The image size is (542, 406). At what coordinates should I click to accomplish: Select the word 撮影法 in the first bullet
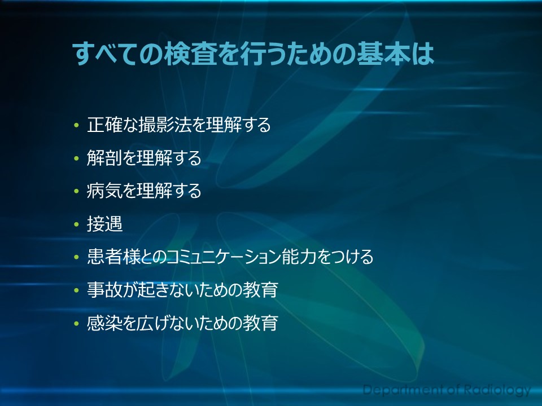coord(165,125)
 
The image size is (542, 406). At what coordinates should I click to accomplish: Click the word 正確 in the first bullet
coord(104,125)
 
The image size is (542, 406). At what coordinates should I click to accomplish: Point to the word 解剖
coord(104,158)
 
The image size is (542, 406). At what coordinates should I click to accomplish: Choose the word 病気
coord(104,191)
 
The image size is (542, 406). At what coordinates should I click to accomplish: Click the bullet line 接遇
coord(105,224)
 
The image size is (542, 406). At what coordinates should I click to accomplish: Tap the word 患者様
coord(113,257)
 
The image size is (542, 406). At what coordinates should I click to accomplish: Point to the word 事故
coord(104,290)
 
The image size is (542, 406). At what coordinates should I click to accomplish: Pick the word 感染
coord(104,323)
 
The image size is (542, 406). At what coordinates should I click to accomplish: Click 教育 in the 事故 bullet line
coord(261,290)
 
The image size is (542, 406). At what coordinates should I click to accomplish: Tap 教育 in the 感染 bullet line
coord(261,323)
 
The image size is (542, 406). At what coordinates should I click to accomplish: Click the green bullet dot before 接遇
coord(76,224)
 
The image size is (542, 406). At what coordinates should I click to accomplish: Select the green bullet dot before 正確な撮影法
coord(76,125)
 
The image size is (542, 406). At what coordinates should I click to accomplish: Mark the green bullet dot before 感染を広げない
coord(76,324)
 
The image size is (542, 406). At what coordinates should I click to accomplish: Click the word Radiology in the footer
coord(497,390)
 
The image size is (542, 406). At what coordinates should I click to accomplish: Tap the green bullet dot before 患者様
coord(76,257)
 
